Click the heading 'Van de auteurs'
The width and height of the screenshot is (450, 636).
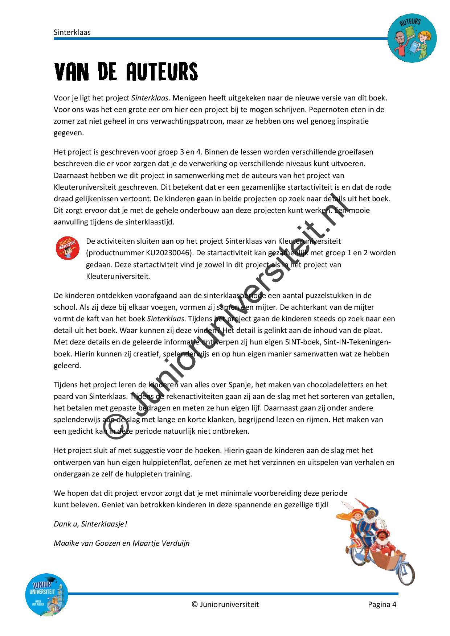coord(126,71)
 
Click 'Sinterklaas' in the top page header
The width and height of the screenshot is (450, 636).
coord(72,32)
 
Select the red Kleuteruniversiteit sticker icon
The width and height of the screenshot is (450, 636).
coord(67,248)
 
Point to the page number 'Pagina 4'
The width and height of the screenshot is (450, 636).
coord(382,604)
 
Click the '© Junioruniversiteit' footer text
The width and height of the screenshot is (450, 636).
coord(225,604)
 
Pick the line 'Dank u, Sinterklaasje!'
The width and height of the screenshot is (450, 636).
coord(90,524)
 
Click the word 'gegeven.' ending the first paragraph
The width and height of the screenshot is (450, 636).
coord(69,132)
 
